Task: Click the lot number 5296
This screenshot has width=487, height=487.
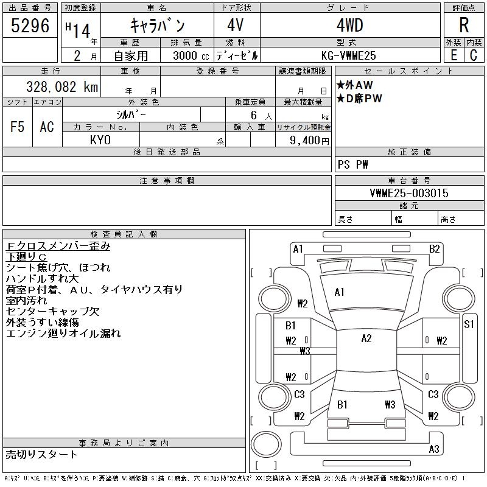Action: tap(30, 26)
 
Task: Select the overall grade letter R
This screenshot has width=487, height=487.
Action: tap(463, 26)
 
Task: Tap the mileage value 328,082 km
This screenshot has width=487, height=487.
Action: tap(61, 87)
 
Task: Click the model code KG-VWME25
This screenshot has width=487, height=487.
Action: tap(349, 55)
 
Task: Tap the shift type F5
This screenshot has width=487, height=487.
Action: tap(17, 127)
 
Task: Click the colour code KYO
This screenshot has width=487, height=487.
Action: tap(100, 140)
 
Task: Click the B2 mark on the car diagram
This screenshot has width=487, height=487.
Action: tap(434, 248)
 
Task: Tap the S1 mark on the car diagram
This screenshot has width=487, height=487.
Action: tap(469, 324)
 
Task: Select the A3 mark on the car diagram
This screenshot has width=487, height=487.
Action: tap(434, 449)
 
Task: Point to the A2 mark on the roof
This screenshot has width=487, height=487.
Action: tap(366, 338)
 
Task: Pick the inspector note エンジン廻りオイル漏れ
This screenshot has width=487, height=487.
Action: tap(64, 333)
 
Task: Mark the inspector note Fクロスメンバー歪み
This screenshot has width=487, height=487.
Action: tap(58, 246)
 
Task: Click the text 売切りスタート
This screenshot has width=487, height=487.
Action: tap(42, 454)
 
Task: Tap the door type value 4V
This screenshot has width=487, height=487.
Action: tap(236, 26)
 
